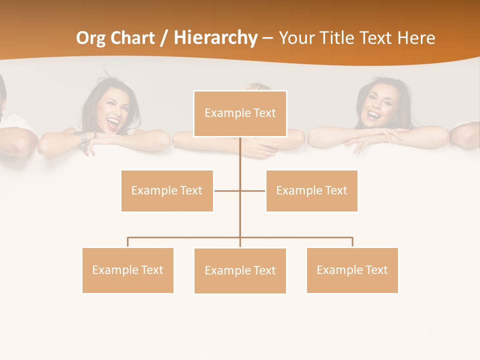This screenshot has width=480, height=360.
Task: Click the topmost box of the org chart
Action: [x=240, y=113]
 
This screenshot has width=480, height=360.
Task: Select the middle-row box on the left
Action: [x=167, y=190]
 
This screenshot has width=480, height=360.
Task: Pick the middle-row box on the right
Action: [x=311, y=190]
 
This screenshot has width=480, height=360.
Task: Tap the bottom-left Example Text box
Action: [x=128, y=270]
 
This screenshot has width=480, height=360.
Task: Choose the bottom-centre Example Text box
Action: [x=240, y=270]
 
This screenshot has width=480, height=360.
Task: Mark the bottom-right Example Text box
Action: [x=352, y=270]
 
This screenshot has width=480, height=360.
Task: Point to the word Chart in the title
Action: [x=131, y=38]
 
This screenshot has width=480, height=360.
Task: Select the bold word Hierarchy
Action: [x=215, y=38]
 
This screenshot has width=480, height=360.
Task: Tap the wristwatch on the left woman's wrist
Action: [x=81, y=136]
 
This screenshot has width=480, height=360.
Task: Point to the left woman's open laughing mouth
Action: [x=113, y=122]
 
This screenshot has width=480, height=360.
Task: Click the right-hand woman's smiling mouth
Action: [x=373, y=115]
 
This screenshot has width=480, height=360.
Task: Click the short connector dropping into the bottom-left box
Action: [x=128, y=242]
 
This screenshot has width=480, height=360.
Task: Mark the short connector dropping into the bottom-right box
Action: [x=352, y=242]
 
